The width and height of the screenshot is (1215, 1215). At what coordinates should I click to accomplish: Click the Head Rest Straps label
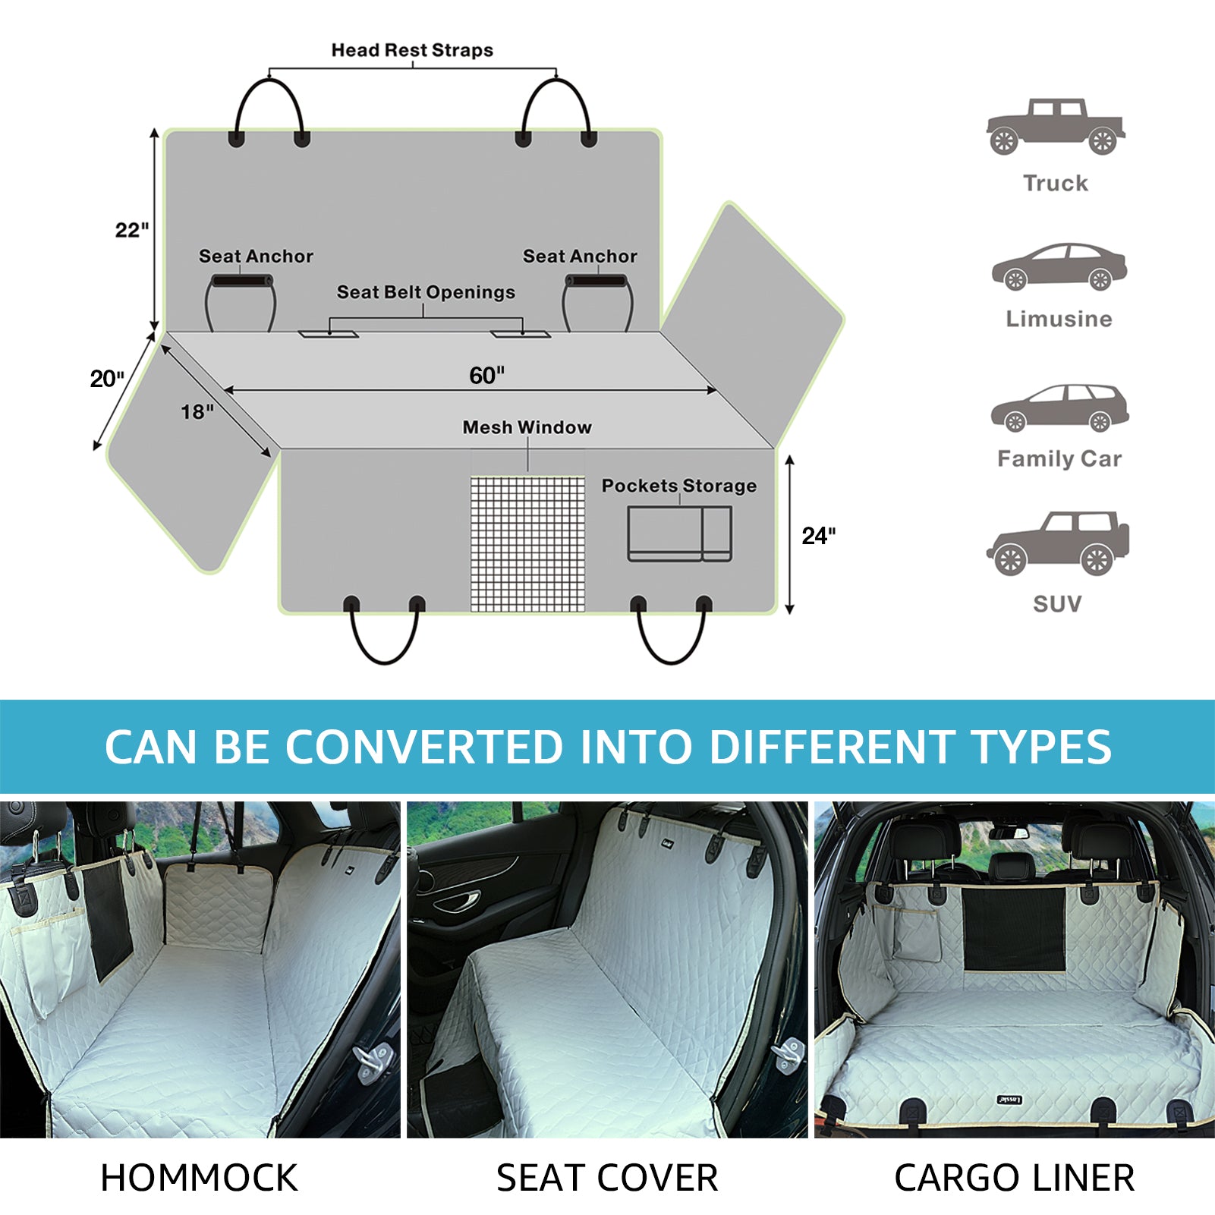[x=412, y=50]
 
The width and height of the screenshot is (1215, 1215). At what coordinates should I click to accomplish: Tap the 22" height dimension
[x=132, y=229]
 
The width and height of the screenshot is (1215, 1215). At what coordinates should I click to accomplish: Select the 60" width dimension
[x=486, y=375]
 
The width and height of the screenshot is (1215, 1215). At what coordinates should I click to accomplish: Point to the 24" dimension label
[x=819, y=536]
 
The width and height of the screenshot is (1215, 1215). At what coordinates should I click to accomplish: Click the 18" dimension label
[x=197, y=411]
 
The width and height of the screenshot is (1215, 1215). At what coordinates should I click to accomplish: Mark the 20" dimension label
[x=107, y=378]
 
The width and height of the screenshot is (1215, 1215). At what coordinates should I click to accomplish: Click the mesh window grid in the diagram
[x=527, y=543]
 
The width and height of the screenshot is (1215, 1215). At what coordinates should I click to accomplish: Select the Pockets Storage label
[x=679, y=486]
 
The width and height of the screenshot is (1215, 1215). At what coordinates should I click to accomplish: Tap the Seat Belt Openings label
[x=426, y=292]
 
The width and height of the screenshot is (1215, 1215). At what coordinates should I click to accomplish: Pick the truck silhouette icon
[x=1056, y=127]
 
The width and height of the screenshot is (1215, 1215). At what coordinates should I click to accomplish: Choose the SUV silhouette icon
[x=1057, y=543]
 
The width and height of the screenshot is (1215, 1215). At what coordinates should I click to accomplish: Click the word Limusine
[x=1059, y=319]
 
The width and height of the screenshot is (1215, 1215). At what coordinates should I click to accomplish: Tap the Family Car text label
[x=1059, y=458]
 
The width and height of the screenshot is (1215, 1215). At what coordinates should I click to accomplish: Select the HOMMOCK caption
[x=199, y=1178]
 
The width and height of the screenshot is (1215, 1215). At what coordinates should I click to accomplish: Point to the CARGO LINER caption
[x=1015, y=1178]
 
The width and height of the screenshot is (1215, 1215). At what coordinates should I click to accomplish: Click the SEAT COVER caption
[x=607, y=1178]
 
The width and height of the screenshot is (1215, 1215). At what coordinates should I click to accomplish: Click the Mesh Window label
[x=527, y=427]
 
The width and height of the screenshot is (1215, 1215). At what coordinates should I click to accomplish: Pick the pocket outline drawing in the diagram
[x=679, y=534]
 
